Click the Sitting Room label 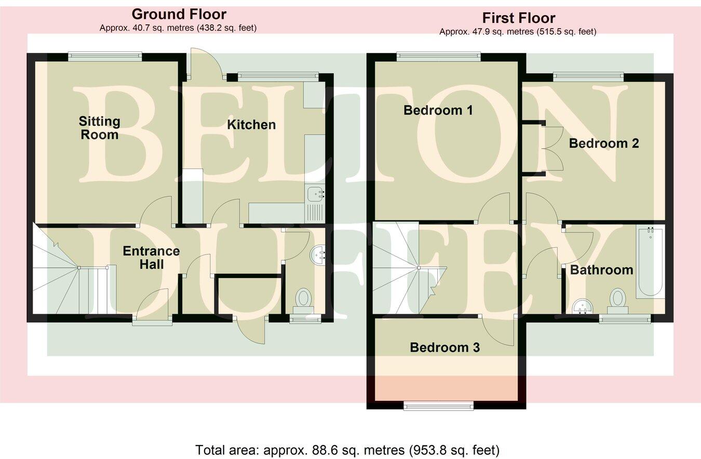click(x=99, y=128)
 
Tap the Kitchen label click(x=251, y=124)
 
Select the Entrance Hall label click(x=151, y=258)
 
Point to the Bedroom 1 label click(x=438, y=110)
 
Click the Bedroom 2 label click(x=604, y=143)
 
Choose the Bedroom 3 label click(x=444, y=347)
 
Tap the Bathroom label click(x=601, y=270)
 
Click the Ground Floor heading click(x=178, y=13)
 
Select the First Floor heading click(x=518, y=18)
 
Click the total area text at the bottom click(x=347, y=449)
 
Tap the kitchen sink click(x=315, y=194)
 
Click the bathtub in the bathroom click(x=650, y=262)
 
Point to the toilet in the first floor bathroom click(x=617, y=299)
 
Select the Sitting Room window click(x=104, y=57)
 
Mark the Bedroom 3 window click(x=439, y=406)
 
